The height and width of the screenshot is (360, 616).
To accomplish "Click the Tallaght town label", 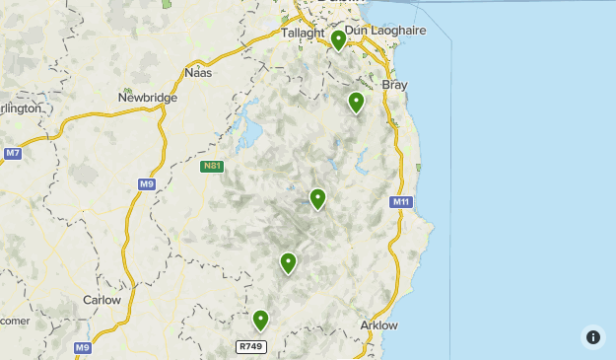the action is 303,33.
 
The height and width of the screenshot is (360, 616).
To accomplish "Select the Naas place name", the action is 199,72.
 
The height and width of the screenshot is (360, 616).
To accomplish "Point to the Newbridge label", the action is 147,98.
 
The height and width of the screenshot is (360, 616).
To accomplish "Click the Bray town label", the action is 394,85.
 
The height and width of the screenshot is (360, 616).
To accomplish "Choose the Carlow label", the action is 102,300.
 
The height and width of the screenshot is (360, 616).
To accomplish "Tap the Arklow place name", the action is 379,325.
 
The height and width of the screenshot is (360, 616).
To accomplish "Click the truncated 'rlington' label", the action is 21,108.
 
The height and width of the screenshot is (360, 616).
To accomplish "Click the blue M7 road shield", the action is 12,153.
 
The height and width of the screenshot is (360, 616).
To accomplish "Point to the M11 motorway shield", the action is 400,202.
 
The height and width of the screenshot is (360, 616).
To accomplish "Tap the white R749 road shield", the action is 251,346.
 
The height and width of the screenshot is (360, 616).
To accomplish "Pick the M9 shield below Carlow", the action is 84,347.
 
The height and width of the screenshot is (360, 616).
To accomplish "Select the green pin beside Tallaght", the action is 338,39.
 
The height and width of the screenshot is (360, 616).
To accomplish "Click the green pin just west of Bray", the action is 357,101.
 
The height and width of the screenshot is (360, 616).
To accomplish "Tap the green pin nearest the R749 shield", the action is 260,320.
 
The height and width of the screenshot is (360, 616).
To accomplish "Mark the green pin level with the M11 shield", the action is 317,198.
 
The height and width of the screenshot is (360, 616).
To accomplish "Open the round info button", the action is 592,337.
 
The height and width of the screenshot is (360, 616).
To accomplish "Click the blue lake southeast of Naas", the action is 249,131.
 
